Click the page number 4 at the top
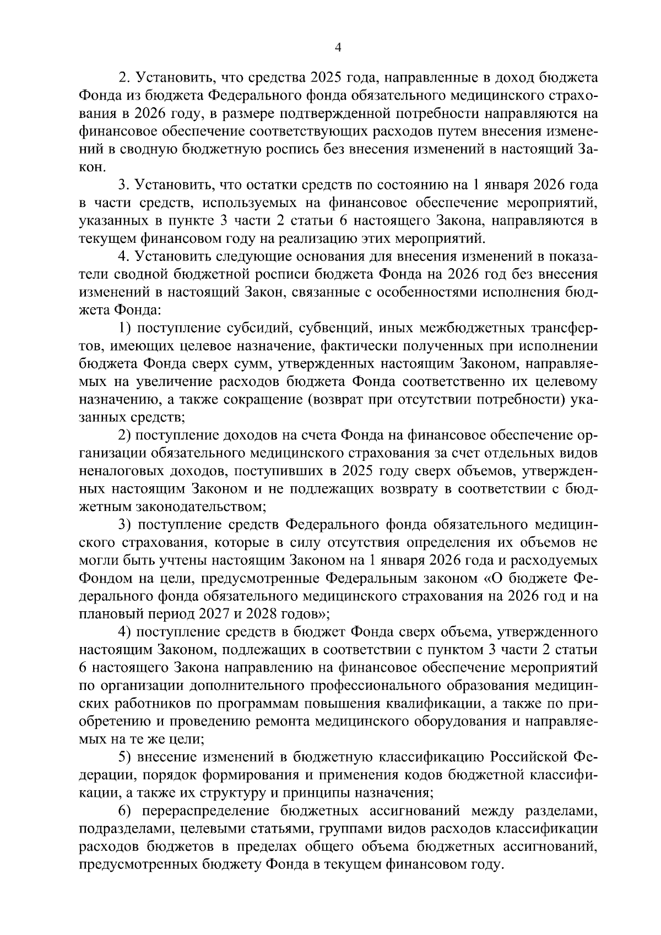(x=339, y=48)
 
